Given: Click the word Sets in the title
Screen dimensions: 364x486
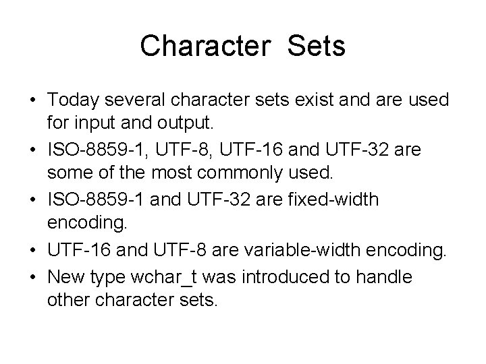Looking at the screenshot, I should (316, 47).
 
